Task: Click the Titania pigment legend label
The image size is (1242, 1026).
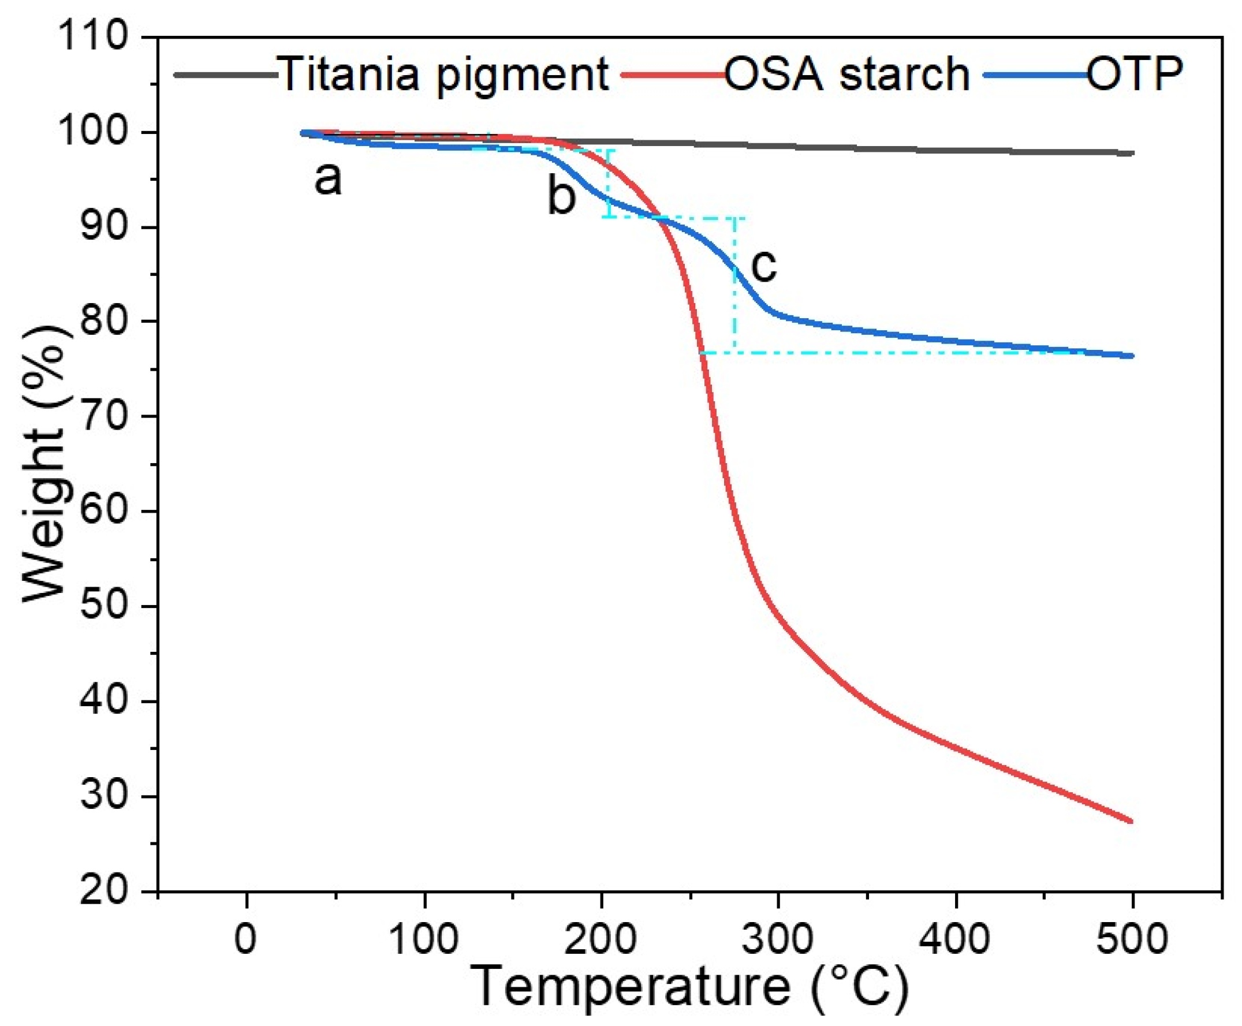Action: [442, 75]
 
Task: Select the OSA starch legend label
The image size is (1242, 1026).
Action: [846, 75]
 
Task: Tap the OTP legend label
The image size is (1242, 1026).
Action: [1135, 74]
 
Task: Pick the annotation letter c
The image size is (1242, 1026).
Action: [763, 266]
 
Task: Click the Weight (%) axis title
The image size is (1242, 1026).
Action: [44, 464]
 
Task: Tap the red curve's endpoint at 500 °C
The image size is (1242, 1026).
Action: [1131, 822]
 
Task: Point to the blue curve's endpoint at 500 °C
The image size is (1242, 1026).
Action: [1131, 356]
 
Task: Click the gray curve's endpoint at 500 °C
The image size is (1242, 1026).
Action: [1131, 154]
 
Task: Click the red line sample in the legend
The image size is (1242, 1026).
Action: [674, 75]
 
